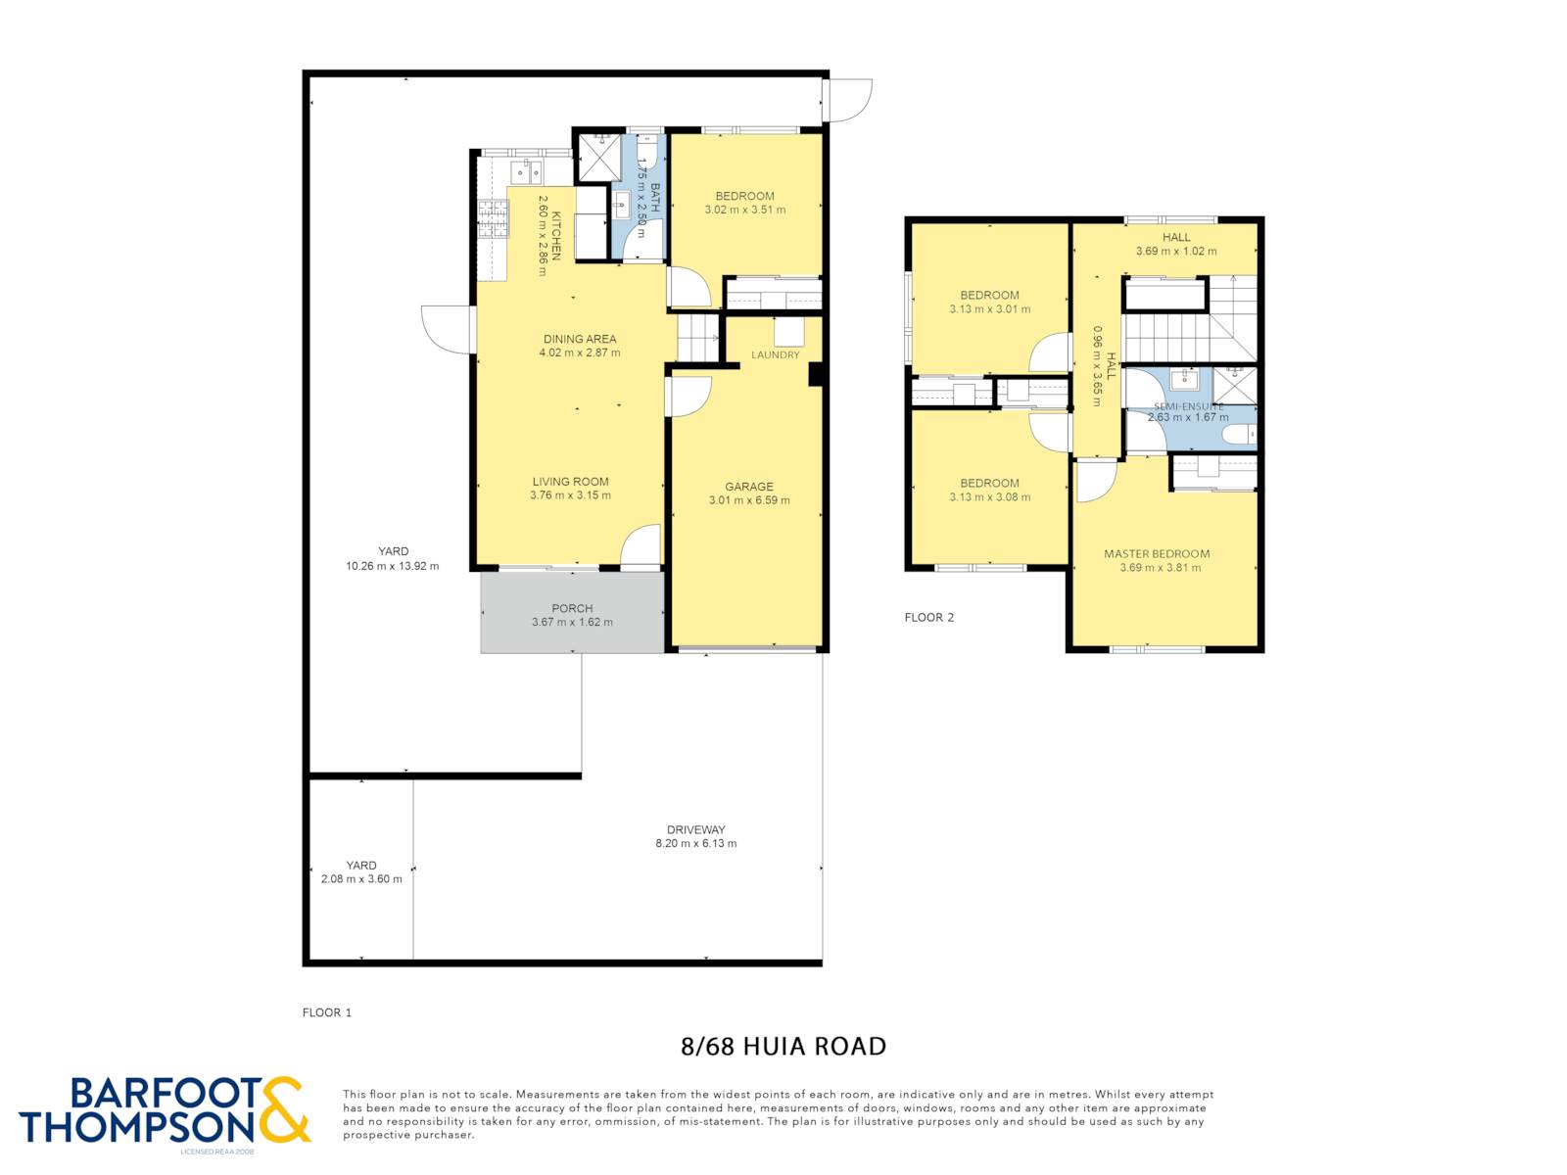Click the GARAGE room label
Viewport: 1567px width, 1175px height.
point(749,487)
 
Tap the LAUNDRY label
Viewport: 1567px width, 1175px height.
point(776,354)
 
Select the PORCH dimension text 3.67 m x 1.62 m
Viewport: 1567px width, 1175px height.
point(572,622)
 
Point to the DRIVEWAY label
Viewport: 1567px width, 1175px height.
point(696,829)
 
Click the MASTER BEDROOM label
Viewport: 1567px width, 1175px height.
point(1157,553)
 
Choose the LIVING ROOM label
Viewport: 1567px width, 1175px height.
point(570,482)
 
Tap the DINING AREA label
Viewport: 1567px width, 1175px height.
point(580,339)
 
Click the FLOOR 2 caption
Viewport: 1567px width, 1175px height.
point(928,618)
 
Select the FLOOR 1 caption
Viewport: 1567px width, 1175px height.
point(327,1012)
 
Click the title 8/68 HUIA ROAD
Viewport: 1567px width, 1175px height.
point(783,1047)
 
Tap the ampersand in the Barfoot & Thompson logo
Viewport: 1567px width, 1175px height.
point(283,1110)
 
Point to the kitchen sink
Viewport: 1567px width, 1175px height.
point(526,172)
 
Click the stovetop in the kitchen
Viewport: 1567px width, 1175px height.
point(494,219)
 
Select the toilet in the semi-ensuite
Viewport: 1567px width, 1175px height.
point(1239,433)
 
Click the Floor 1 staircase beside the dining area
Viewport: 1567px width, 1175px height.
point(697,338)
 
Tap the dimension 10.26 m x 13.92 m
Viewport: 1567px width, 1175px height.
point(393,567)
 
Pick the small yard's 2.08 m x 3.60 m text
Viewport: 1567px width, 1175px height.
point(361,879)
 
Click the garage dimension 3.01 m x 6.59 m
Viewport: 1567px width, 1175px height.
point(749,500)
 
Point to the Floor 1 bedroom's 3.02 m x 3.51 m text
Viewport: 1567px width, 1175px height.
point(744,210)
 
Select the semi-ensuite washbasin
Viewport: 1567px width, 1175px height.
point(1184,379)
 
